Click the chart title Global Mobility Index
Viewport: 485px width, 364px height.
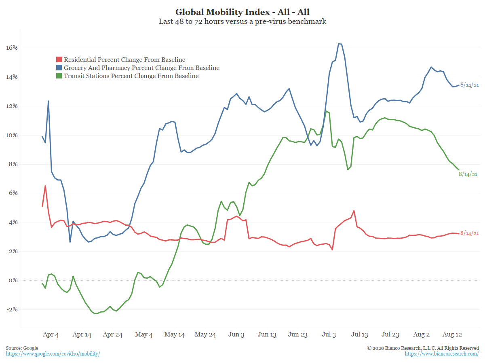242,12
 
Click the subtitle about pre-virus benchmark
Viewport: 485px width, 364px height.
242,21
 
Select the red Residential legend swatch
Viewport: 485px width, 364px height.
59,60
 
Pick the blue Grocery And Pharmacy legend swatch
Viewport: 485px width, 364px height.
59,68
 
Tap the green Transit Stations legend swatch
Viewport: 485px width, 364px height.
59,76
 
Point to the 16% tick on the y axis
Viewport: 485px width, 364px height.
12,48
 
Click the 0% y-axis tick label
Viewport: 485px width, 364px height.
13,280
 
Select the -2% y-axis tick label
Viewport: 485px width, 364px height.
12,309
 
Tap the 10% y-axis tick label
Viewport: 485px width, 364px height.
12,135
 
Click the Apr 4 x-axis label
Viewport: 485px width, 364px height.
51,334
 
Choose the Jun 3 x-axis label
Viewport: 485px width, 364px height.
236,334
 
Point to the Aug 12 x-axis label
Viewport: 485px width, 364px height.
452,334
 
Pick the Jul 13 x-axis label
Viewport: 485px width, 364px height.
359,334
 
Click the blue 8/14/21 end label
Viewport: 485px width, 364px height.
470,85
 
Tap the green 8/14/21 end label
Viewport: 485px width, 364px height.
468,174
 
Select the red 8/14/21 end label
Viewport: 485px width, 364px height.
470,233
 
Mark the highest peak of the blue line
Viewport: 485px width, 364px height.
340,44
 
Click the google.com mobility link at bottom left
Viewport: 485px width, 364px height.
53,354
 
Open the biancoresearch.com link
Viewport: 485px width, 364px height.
442,354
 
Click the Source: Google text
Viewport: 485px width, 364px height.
22,348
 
